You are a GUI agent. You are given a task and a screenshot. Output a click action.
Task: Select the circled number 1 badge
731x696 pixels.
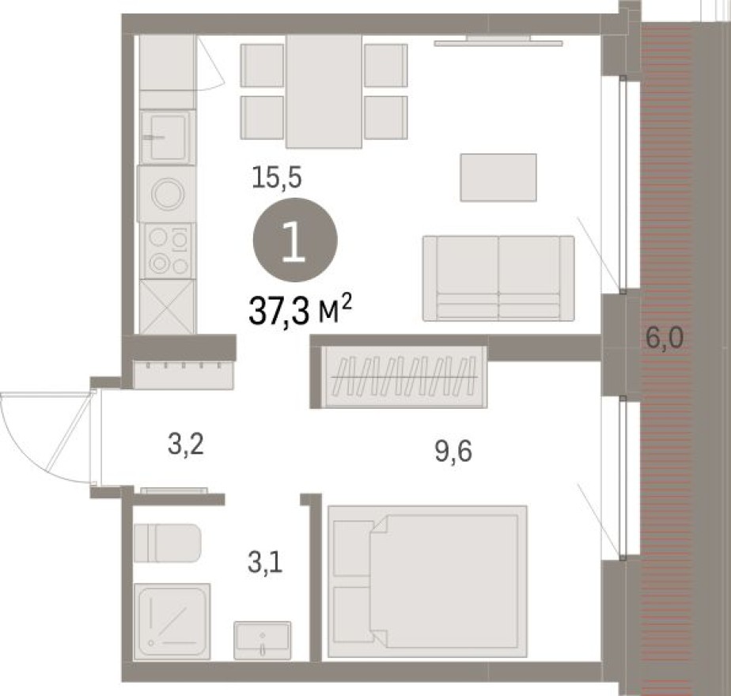[295, 240]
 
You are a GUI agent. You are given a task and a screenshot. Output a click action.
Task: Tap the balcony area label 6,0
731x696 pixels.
[664, 341]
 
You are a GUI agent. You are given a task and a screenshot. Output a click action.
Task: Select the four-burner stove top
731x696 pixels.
[169, 250]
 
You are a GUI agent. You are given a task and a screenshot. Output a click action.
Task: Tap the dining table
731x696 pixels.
[324, 91]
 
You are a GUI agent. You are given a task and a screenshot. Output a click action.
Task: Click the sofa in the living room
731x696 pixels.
[498, 278]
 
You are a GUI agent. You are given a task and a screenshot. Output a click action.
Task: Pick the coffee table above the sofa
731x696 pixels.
[498, 177]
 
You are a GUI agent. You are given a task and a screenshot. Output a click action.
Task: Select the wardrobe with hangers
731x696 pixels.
[403, 376]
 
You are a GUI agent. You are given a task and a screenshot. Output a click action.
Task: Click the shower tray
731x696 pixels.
[172, 622]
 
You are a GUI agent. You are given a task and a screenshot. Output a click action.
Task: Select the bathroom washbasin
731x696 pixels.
[262, 640]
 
